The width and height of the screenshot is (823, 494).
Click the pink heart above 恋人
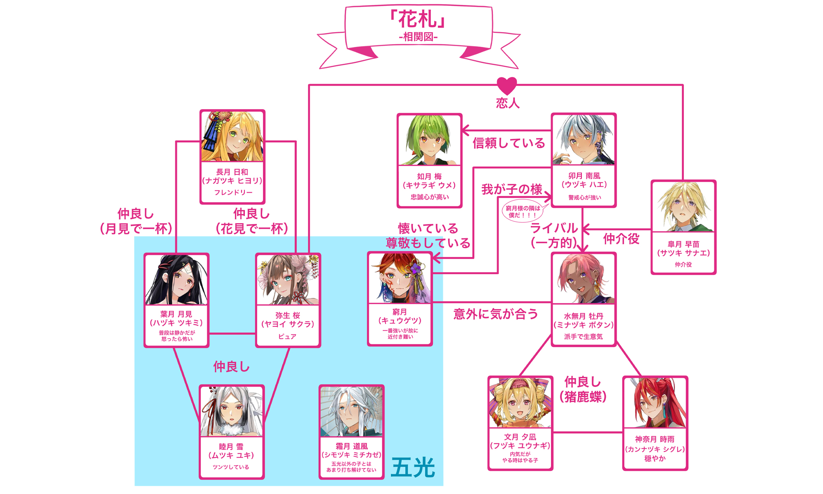click(507, 86)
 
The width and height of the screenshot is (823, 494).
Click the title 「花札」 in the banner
click(418, 19)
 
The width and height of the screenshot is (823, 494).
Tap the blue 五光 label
click(413, 468)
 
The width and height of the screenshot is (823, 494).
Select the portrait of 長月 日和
click(232, 137)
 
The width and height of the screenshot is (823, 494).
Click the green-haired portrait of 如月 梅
click(429, 140)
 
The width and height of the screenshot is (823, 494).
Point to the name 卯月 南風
click(584, 176)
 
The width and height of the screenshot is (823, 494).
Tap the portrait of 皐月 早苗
click(684, 207)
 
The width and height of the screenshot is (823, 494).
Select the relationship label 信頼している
click(509, 143)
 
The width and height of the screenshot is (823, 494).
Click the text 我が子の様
click(511, 189)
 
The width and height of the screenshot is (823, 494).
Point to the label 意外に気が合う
click(495, 314)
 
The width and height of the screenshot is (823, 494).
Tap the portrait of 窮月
click(400, 278)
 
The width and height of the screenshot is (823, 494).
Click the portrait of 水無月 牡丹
click(584, 279)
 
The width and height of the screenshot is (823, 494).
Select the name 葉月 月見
click(176, 314)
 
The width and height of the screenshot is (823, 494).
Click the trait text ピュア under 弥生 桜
click(287, 337)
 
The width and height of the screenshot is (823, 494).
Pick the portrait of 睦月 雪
click(232, 411)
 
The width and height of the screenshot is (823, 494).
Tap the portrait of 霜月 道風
click(351, 411)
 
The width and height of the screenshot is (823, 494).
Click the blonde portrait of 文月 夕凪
click(520, 403)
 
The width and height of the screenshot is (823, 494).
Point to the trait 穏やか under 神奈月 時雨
click(655, 459)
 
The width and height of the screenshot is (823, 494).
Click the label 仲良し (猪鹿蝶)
click(583, 389)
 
